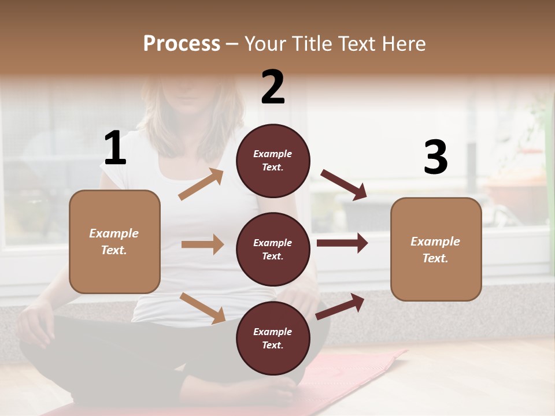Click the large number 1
(115, 148)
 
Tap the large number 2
(273, 87)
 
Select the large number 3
(436, 158)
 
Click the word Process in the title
(182, 43)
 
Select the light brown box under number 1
(114, 242)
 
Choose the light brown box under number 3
(436, 249)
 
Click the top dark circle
(273, 160)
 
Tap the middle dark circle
(273, 249)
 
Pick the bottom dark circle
(273, 338)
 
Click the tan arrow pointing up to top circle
(201, 184)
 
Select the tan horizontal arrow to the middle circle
(202, 244)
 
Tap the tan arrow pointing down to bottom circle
(202, 307)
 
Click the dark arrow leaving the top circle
(344, 185)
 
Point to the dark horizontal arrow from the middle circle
(342, 243)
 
